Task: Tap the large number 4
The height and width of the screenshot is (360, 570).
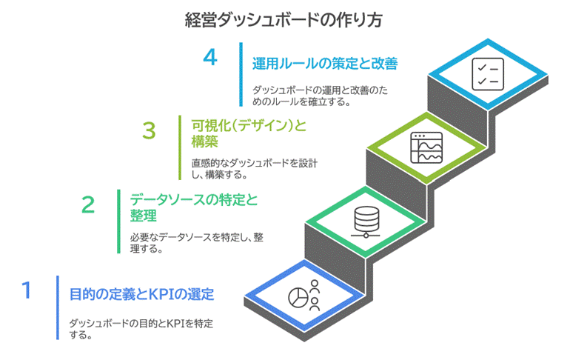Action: pos(210,59)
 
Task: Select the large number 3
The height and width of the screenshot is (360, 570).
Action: pos(149,130)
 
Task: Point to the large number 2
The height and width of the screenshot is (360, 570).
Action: pos(88,204)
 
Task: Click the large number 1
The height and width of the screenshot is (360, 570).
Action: pos(27,290)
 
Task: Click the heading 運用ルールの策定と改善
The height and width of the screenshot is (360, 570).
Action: pos(325,64)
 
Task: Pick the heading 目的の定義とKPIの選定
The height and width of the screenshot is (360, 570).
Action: pos(141,294)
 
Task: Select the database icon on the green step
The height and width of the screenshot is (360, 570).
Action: pos(365,220)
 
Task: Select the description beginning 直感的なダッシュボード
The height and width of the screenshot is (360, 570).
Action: pos(253,169)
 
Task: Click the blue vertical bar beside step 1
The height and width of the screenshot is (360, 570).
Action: pos(57,307)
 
